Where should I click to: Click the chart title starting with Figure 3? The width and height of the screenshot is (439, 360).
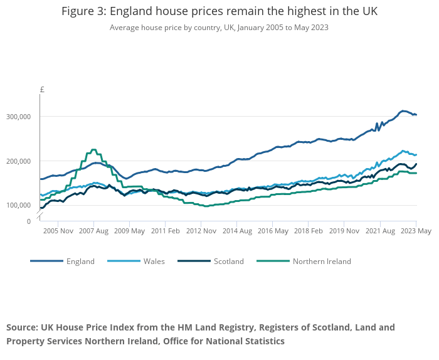[219, 12]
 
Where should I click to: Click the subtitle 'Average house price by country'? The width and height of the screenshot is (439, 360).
[219, 28]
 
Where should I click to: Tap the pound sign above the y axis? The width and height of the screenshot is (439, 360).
[42, 90]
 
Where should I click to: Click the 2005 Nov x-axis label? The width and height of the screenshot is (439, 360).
[58, 231]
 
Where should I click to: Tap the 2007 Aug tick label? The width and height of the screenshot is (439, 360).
[94, 231]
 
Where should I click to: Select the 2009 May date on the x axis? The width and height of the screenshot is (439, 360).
[130, 231]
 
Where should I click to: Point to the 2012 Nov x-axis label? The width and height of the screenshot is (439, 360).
[201, 231]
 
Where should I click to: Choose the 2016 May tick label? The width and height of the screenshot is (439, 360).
[273, 231]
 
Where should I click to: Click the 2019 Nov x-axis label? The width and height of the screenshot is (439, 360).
[345, 231]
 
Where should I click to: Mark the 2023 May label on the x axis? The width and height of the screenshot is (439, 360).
[416, 231]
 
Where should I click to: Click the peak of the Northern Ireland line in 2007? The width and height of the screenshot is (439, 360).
[93, 150]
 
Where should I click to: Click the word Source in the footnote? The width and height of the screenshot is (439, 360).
[22, 327]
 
